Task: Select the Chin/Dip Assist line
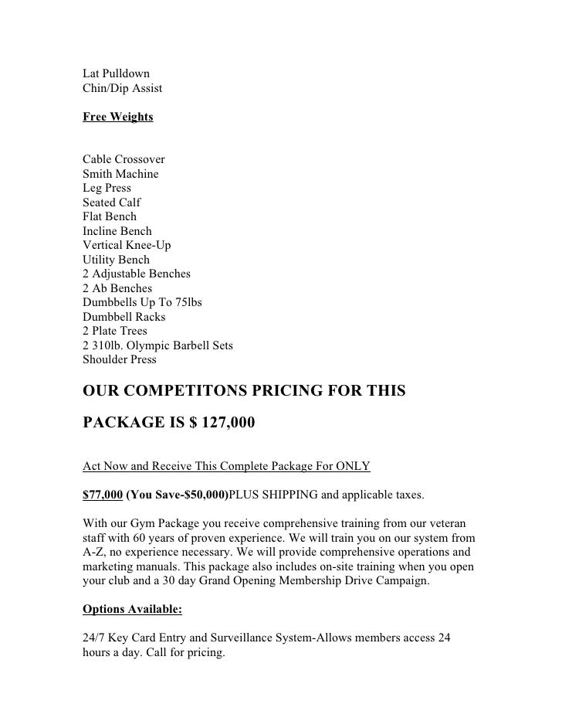point(122,89)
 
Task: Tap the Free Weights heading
point(117,117)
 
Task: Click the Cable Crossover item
point(124,160)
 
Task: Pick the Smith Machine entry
point(120,174)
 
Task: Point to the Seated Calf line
point(112,202)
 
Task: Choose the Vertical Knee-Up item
point(127,245)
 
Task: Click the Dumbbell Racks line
point(124,317)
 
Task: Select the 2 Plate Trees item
point(115,331)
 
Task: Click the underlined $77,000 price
point(102,494)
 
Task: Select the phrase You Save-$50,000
point(178,494)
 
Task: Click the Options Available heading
point(132,608)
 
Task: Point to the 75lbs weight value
point(186,302)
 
